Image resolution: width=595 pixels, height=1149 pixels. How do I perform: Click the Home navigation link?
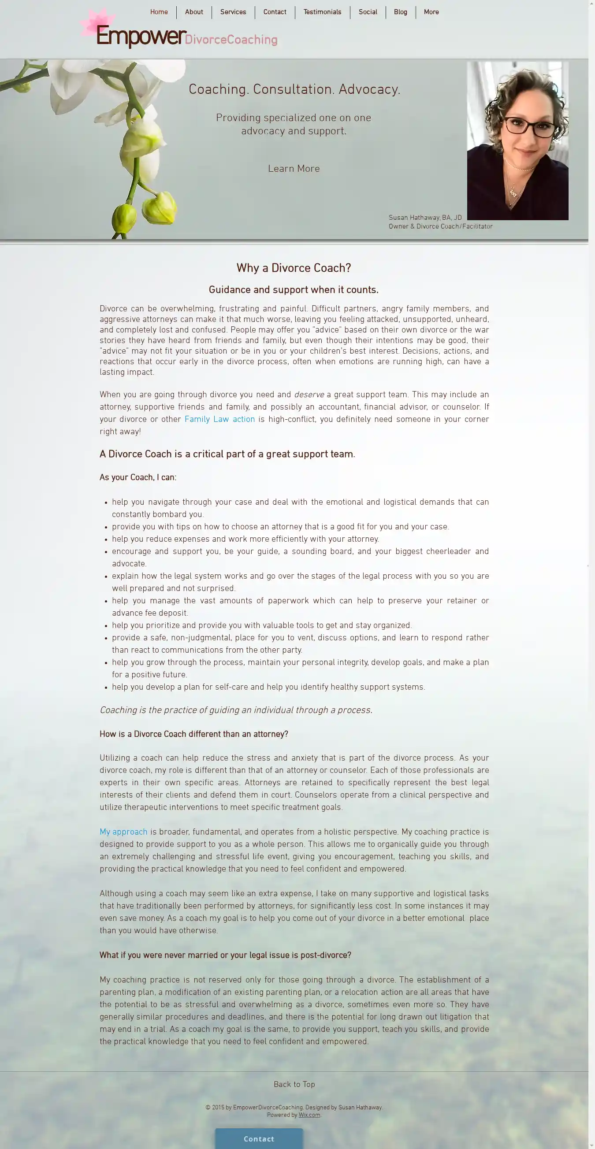click(159, 12)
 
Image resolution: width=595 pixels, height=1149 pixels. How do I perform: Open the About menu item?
click(194, 12)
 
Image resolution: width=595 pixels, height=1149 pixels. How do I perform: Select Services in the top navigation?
click(233, 12)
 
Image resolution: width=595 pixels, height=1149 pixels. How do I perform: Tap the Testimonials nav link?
click(322, 12)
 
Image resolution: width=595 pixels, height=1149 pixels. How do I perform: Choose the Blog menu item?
click(400, 12)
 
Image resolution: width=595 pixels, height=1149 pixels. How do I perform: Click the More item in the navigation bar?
click(431, 12)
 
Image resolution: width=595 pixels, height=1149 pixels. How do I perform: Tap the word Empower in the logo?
click(141, 37)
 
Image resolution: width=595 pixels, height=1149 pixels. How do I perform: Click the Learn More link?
click(294, 169)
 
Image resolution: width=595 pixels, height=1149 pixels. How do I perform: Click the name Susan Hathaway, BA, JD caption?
click(425, 218)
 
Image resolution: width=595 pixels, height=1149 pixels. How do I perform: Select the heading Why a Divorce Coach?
click(294, 268)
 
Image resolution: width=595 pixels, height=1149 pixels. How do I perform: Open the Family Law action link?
click(219, 419)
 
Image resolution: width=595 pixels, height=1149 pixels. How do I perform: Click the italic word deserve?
click(309, 395)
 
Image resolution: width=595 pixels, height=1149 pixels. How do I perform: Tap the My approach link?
click(123, 832)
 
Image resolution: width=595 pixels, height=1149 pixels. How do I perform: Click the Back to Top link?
click(294, 1084)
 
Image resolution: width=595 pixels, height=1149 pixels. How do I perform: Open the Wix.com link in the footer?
click(309, 1115)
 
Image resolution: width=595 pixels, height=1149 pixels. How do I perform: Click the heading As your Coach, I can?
click(138, 477)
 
